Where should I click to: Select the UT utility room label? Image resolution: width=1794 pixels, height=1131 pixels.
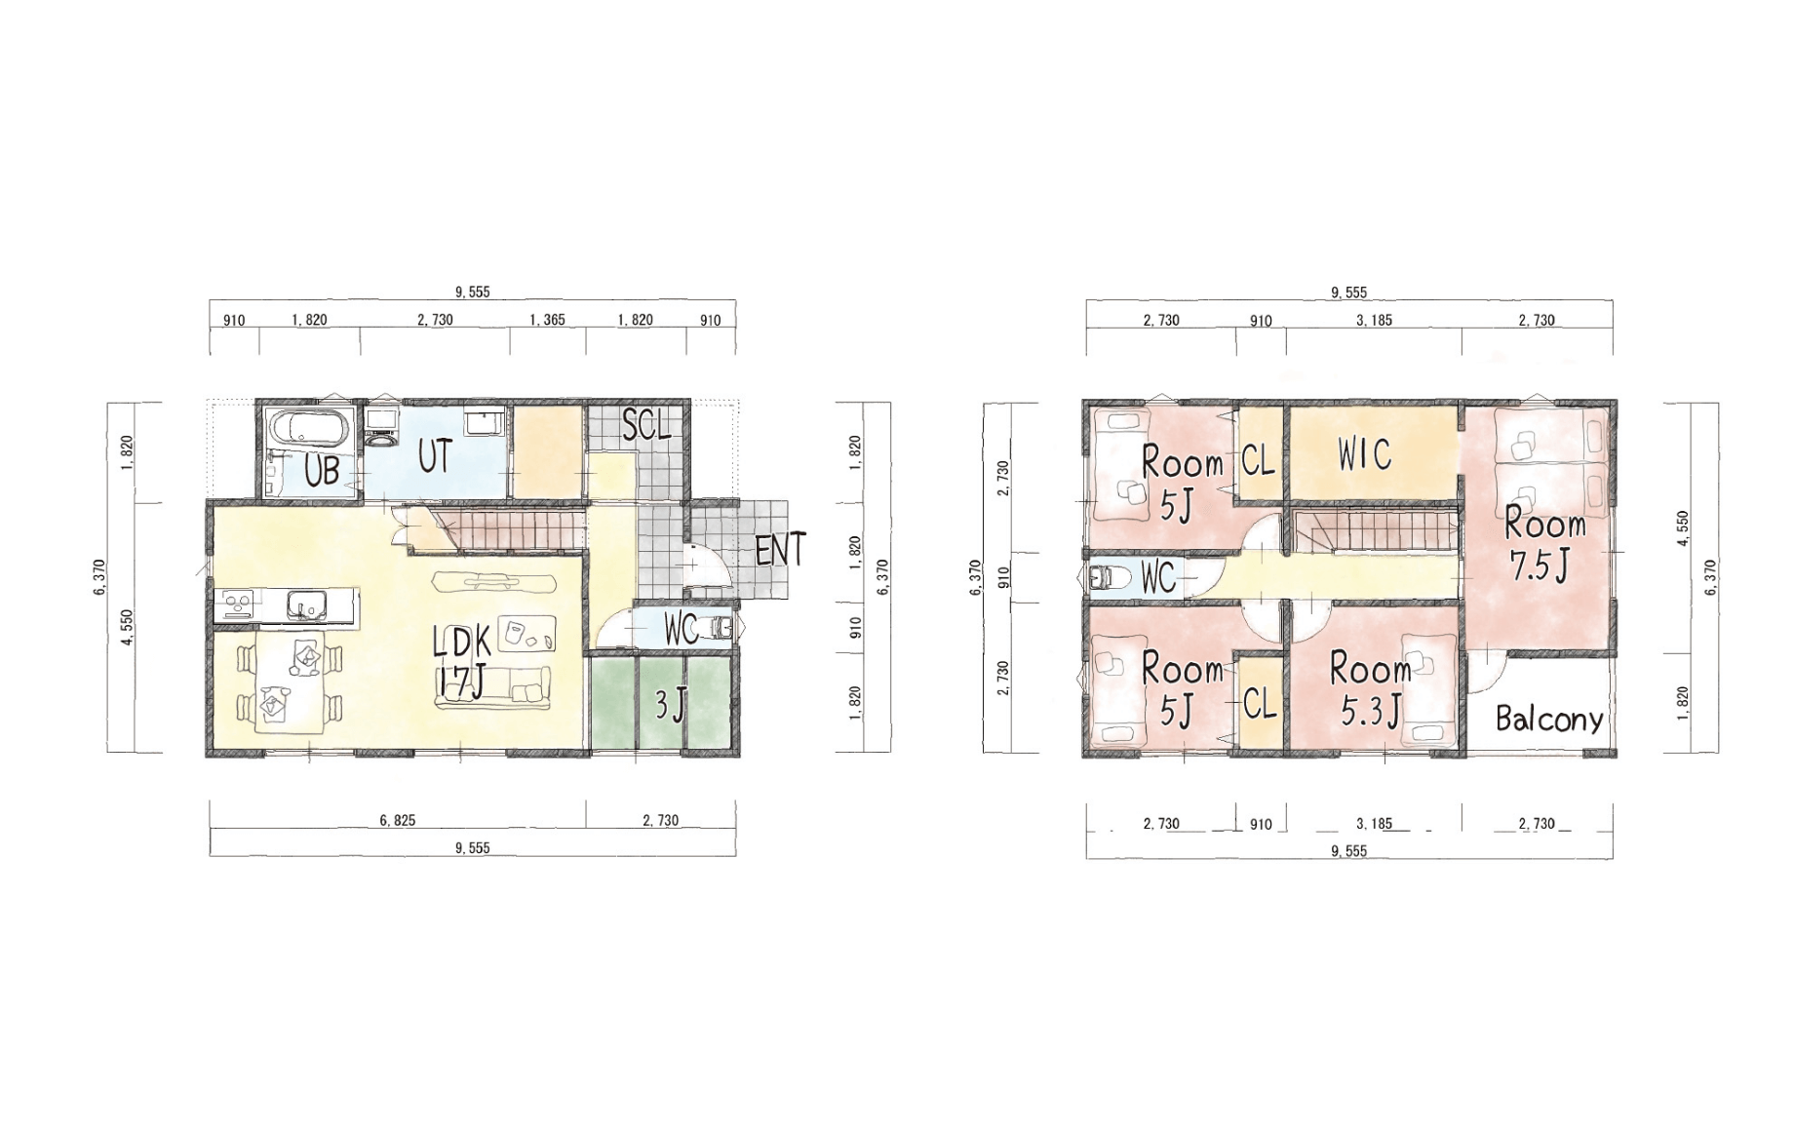coord(435,456)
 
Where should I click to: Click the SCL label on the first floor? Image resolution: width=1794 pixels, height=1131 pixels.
coord(646,425)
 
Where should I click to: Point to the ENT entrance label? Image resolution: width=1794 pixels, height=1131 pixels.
coord(780,550)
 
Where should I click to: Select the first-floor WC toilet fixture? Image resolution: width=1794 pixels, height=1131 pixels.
coord(721,629)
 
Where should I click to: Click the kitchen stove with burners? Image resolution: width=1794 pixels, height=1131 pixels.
coord(237,605)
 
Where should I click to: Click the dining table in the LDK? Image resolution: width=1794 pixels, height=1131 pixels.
coord(290,682)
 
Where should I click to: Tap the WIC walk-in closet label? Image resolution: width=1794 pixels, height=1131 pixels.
coord(1364,454)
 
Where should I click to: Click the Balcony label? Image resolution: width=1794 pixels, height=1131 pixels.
coord(1549,719)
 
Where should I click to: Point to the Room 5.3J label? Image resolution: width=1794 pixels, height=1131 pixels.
coord(1370,689)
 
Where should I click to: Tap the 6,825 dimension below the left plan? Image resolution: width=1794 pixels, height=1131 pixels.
coord(398,820)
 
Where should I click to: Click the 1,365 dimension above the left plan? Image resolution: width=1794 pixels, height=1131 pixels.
coord(547,320)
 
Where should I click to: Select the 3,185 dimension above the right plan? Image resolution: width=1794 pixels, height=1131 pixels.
coord(1374,320)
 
